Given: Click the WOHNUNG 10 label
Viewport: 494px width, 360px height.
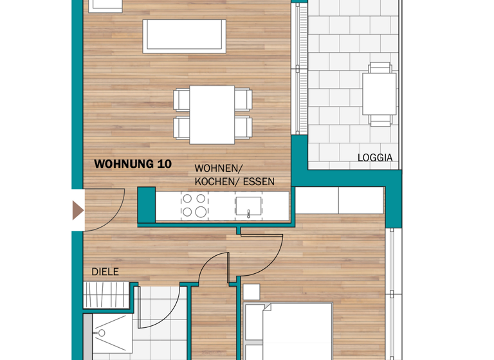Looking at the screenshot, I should [x=133, y=164].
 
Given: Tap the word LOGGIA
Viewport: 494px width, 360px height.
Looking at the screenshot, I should [x=375, y=157].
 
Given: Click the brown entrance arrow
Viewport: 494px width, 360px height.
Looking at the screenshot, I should [x=78, y=210].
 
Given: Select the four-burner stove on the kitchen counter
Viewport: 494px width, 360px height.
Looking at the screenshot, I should [x=194, y=205].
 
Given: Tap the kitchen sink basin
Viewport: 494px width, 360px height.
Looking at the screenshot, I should [x=247, y=205].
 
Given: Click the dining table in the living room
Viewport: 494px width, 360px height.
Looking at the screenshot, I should [x=212, y=114].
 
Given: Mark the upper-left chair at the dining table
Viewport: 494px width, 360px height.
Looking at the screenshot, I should [x=181, y=100].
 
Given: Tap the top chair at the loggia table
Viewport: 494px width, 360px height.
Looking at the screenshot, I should [x=380, y=67].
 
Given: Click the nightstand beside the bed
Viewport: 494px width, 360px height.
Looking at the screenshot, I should [x=252, y=292].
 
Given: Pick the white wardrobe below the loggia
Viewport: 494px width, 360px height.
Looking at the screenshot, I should [x=338, y=200].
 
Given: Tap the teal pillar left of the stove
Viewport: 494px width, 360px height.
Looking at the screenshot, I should [x=147, y=204].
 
